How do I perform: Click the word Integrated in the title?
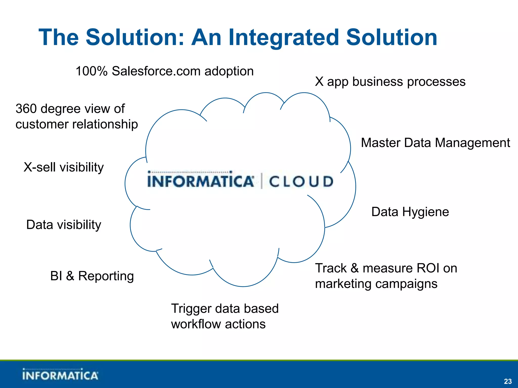pos(283,38)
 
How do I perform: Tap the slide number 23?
pos(508,381)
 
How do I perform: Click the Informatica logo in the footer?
pos(60,375)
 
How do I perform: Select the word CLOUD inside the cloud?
pos(301,182)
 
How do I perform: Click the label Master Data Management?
pos(435,143)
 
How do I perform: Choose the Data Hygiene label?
pos(410,212)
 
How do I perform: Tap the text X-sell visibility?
pos(64,167)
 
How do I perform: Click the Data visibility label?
pos(64,225)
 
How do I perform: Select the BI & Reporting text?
pos(92,276)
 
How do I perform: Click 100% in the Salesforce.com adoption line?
pos(92,71)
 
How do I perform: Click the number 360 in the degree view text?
pos(26,109)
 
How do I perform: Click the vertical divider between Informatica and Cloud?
pos(262,181)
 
